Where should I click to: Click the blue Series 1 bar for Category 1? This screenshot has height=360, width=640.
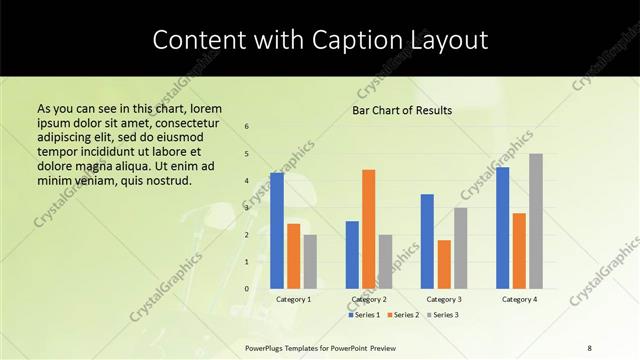[x=277, y=231]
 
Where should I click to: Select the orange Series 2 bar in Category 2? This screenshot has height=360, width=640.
[x=368, y=229]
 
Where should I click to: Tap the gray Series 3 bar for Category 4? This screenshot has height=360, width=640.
[x=536, y=221]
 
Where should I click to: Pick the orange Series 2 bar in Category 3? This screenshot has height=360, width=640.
[x=444, y=264]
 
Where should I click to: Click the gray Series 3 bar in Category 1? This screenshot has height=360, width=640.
[x=310, y=262]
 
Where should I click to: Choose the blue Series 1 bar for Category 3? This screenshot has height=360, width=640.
[x=427, y=241]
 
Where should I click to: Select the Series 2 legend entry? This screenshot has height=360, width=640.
[x=404, y=315]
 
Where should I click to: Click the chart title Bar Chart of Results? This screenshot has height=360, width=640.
[x=402, y=110]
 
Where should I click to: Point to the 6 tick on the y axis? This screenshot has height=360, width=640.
[x=247, y=127]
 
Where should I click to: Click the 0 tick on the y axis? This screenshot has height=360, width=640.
[x=247, y=289]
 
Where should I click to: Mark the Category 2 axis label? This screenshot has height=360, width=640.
[x=368, y=299]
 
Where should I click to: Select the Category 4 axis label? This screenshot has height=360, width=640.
[x=519, y=299]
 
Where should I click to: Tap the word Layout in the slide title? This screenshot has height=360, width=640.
[x=452, y=41]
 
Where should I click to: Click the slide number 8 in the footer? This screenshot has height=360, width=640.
[x=590, y=347]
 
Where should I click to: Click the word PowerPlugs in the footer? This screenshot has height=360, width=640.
[x=265, y=347]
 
